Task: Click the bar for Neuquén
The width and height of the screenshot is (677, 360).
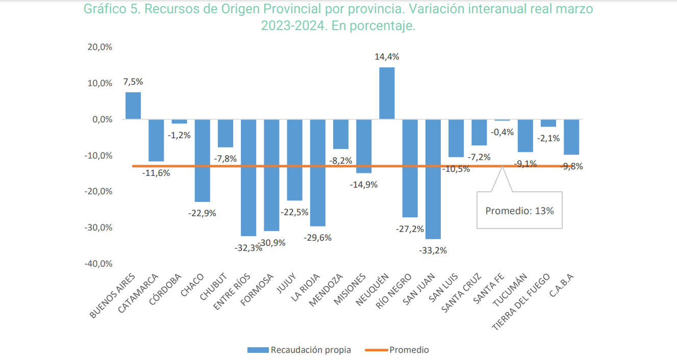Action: click(x=387, y=93)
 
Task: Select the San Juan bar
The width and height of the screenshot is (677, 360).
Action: click(x=433, y=178)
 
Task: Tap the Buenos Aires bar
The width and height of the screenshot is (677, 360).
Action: click(x=133, y=106)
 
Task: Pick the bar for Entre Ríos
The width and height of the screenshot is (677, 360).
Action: click(x=248, y=177)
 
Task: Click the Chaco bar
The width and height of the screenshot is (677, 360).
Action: click(x=203, y=160)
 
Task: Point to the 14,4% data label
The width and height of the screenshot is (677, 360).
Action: click(x=387, y=57)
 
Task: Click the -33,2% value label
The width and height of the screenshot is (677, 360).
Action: click(x=433, y=250)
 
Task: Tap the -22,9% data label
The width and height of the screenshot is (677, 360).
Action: click(x=203, y=213)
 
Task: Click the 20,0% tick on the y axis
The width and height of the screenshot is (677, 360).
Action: click(x=101, y=47)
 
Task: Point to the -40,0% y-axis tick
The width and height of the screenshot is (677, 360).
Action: click(x=99, y=264)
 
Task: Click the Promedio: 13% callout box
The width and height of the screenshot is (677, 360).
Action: click(x=519, y=210)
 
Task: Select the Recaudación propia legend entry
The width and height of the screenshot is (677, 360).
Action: click(x=299, y=350)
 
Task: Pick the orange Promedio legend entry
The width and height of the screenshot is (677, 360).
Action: click(x=398, y=350)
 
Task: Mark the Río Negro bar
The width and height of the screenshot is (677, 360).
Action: click(x=410, y=168)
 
